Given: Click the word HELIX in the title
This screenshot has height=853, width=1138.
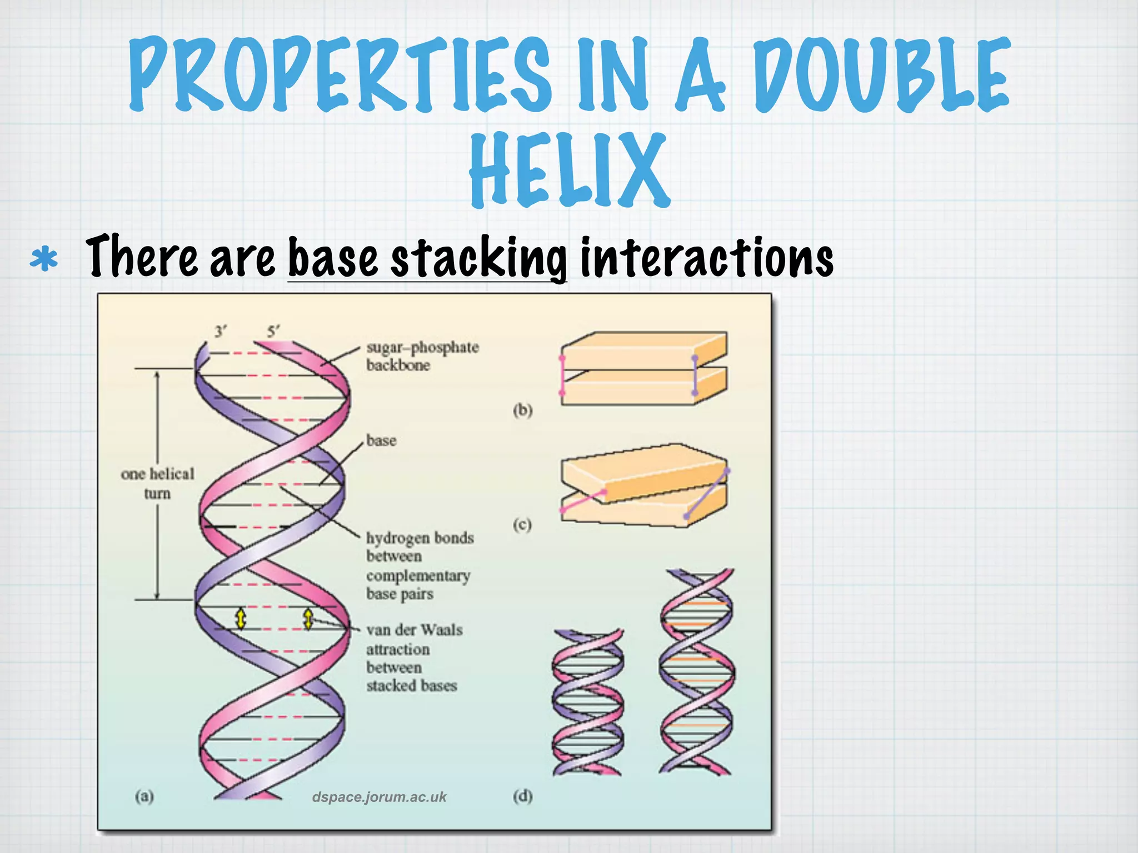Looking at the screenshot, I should tap(569, 169).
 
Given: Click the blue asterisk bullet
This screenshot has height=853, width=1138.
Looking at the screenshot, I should tap(44, 259).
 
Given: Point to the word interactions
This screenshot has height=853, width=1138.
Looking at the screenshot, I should tap(706, 257).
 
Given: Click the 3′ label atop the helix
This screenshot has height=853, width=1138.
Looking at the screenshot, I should tap(221, 332).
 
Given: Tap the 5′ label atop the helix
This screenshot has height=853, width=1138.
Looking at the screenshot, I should tap(273, 332).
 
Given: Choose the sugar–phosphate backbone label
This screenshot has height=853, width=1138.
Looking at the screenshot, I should tap(422, 356).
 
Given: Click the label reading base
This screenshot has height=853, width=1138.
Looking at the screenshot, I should tap(381, 441).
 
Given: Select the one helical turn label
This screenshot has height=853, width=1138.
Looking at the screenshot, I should tap(157, 483).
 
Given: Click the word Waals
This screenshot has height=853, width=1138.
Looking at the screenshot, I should tap(442, 630).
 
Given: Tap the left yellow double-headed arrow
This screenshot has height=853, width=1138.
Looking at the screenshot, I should tap(241, 618).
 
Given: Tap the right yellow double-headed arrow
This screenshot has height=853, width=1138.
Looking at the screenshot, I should tap(308, 618).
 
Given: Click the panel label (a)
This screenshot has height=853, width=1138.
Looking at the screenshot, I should tap(144, 796).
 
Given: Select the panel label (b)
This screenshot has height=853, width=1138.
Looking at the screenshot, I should tap(522, 410).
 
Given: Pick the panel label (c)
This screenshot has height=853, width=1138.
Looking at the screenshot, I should tap(522, 524).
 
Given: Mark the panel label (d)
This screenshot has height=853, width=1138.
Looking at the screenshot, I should tap(522, 796).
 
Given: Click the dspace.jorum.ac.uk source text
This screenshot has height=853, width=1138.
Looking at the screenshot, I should tap(379, 797).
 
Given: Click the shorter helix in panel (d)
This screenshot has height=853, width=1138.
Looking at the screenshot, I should tap(588, 703).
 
